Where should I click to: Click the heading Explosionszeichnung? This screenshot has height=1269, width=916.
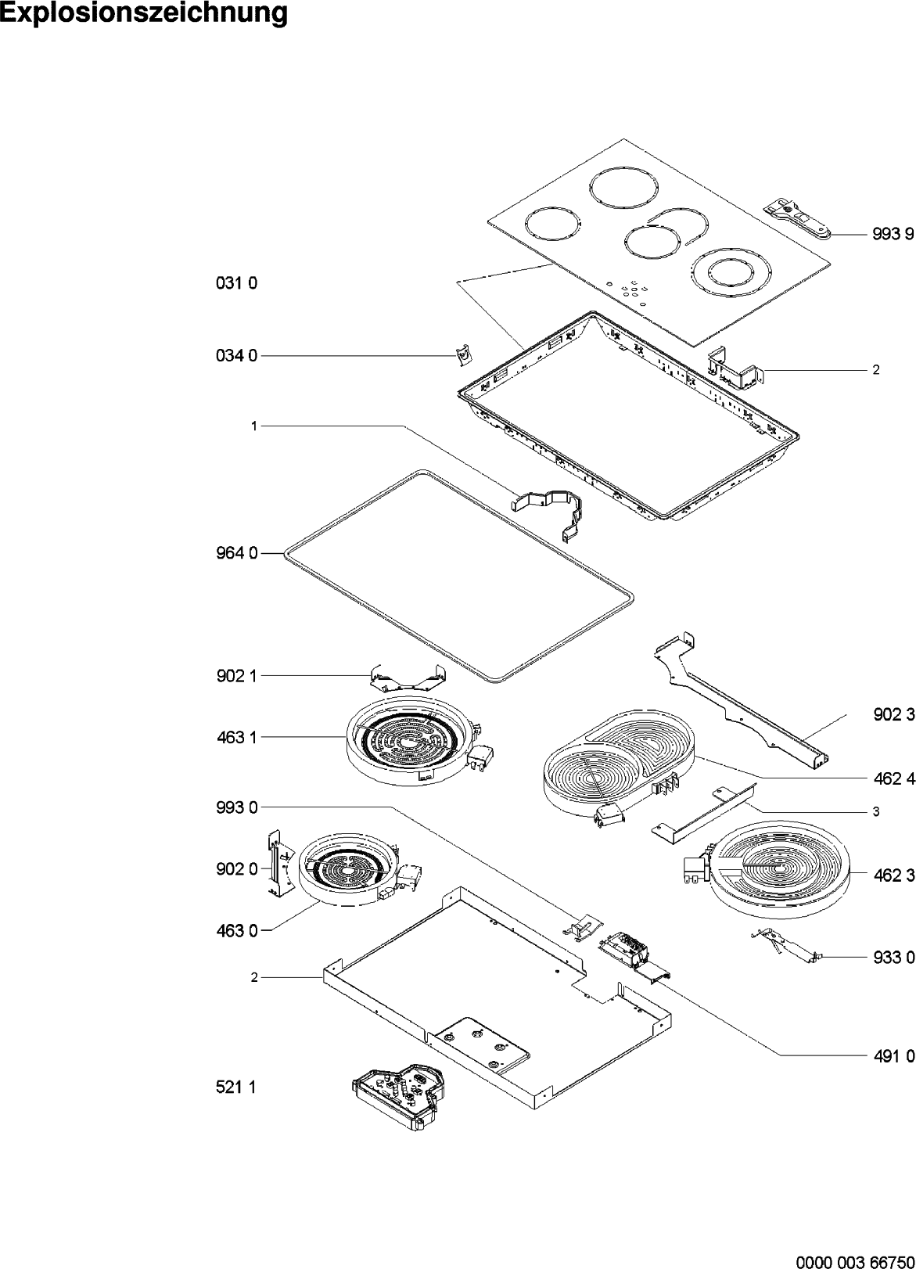pyautogui.click(x=144, y=13)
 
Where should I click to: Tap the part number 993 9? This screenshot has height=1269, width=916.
pyautogui.click(x=893, y=234)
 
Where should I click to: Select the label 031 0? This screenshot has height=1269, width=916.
pyautogui.click(x=236, y=283)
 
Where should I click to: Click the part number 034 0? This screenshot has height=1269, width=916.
pyautogui.click(x=236, y=356)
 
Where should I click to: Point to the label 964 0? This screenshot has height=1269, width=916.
pyautogui.click(x=236, y=554)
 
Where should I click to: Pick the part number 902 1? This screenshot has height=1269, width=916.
pyautogui.click(x=236, y=676)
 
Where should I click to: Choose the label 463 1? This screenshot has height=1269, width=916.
pyautogui.click(x=236, y=737)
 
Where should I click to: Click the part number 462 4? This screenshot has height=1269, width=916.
pyautogui.click(x=893, y=779)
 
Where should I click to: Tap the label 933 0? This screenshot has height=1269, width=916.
pyautogui.click(x=893, y=957)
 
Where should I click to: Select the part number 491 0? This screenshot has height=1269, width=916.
pyautogui.click(x=893, y=1056)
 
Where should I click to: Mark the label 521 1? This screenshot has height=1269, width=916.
pyautogui.click(x=236, y=1087)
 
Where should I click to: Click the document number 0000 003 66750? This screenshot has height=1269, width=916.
pyautogui.click(x=855, y=1256)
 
